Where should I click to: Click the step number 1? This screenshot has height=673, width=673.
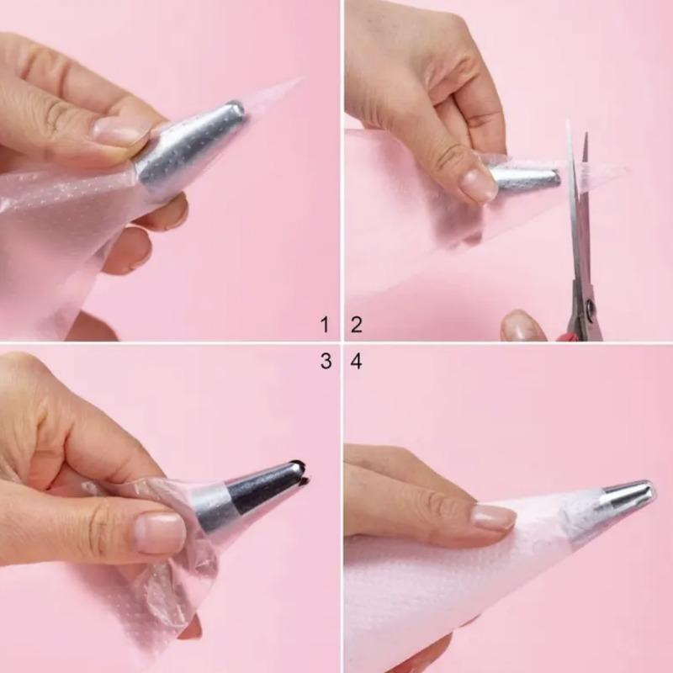click(x=324, y=324)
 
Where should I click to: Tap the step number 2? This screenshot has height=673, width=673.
click(x=356, y=324)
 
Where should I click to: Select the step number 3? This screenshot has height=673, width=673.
click(x=324, y=363)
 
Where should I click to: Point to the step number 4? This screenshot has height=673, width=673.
click(x=356, y=363)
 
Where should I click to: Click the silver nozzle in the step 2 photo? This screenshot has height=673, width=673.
click(x=526, y=178)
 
